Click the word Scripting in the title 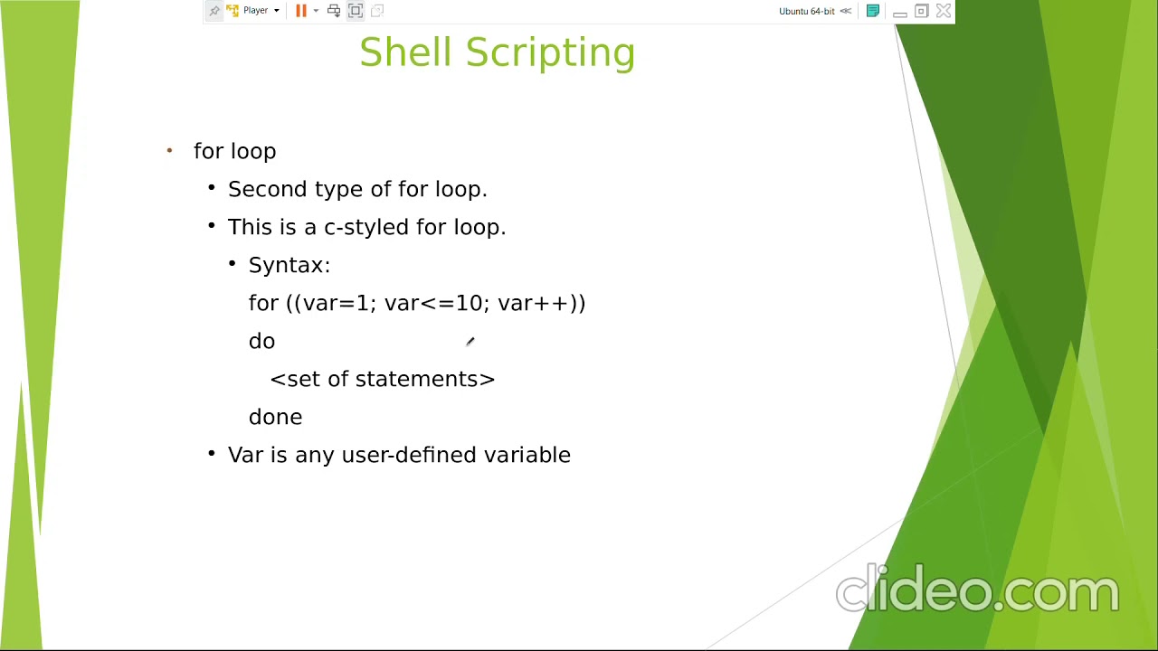pos(550,52)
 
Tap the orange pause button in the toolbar pos(301,11)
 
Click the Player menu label pos(255,11)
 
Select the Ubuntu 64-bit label pos(806,11)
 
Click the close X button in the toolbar pos(944,11)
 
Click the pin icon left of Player pos(214,11)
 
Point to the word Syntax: pos(289,265)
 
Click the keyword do pos(261,341)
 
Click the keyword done pos(275,417)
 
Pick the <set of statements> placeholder pos(382,379)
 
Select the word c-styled pos(366,227)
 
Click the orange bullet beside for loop pos(169,151)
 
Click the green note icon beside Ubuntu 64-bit pos(873,11)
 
